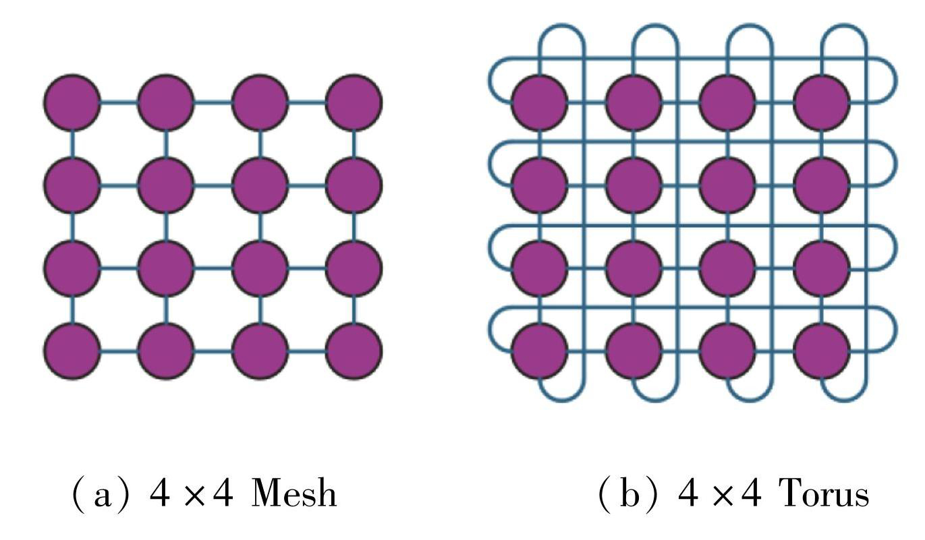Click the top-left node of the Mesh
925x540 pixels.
(x=72, y=102)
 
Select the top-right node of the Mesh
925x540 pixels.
(x=354, y=102)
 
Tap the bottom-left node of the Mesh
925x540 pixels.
(x=72, y=351)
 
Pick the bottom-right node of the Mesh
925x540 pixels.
(x=354, y=351)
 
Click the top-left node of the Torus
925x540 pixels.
(x=539, y=102)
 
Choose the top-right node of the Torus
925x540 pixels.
(x=821, y=102)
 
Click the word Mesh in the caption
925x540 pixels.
(x=293, y=494)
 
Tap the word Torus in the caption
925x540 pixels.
(x=824, y=494)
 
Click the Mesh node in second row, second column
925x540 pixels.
(x=166, y=185)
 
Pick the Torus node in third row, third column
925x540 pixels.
(x=727, y=268)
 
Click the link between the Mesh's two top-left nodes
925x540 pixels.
(x=119, y=102)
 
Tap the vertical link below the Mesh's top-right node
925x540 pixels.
(x=354, y=144)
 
